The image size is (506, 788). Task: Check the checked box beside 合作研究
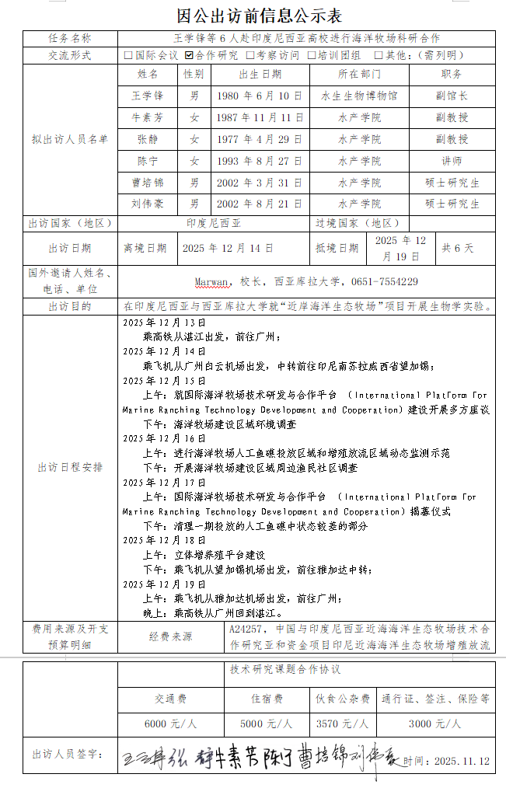189,55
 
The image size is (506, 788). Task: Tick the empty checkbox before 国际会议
128,55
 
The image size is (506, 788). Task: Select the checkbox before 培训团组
311,55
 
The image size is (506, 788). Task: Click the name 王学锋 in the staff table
148,96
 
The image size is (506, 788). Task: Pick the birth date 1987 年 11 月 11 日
260,118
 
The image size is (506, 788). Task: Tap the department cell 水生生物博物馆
359,96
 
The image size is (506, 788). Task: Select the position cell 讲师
452,162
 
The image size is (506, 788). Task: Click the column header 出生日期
260,75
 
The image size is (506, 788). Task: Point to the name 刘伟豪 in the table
148,204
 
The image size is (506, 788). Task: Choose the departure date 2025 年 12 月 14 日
228,249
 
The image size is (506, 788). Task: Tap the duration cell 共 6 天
458,249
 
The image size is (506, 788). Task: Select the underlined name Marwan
212,282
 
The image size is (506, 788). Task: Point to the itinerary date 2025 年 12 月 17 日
164,483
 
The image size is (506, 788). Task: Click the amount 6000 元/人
171,723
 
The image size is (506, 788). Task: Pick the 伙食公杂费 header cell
343,699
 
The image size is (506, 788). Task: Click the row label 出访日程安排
70,468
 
